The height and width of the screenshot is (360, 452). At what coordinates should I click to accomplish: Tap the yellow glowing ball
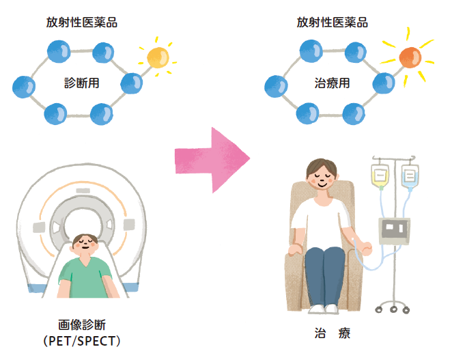(x=157, y=57)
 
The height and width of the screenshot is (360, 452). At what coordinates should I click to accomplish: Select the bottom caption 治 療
(x=332, y=334)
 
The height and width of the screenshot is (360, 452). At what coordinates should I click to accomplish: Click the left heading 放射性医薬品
(x=82, y=23)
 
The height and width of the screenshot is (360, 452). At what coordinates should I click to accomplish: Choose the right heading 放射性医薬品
(x=332, y=23)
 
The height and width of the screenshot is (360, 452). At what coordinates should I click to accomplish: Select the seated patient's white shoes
(x=324, y=309)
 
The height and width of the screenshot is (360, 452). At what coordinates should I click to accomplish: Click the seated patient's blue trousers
(x=324, y=270)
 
